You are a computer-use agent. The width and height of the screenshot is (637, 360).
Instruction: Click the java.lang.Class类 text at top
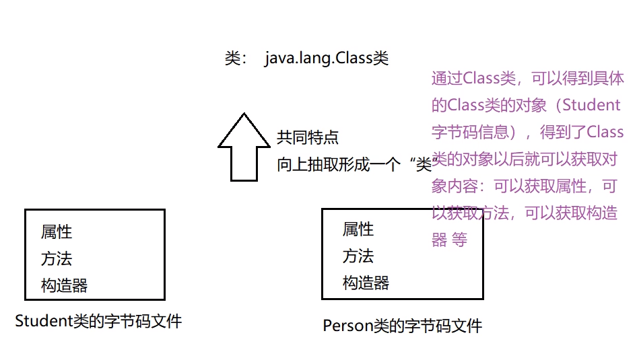tap(327, 59)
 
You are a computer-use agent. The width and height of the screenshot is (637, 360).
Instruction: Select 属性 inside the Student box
tap(57, 232)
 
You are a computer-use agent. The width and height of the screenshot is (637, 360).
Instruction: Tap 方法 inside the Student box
tap(57, 259)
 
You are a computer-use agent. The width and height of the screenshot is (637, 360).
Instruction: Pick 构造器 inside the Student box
tap(64, 285)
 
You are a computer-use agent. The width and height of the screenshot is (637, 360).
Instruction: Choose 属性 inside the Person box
tap(358, 229)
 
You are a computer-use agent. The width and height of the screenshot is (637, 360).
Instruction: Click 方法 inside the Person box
tap(358, 256)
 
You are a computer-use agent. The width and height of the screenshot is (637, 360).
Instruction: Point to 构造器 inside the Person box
tap(366, 283)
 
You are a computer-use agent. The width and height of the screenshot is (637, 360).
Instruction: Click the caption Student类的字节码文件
tap(98, 321)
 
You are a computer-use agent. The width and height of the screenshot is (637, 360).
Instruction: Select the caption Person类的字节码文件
tap(402, 326)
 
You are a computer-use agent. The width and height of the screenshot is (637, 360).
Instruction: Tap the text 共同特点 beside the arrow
tap(308, 138)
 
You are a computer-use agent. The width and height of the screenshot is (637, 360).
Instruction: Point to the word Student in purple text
tap(591, 105)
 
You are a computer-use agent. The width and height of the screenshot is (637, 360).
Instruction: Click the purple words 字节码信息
tap(471, 131)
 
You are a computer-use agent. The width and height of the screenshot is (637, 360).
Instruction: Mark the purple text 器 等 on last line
tap(449, 240)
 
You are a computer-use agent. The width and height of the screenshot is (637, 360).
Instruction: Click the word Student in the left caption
tap(42, 321)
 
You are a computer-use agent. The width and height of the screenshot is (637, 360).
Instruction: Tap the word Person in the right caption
tap(347, 326)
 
